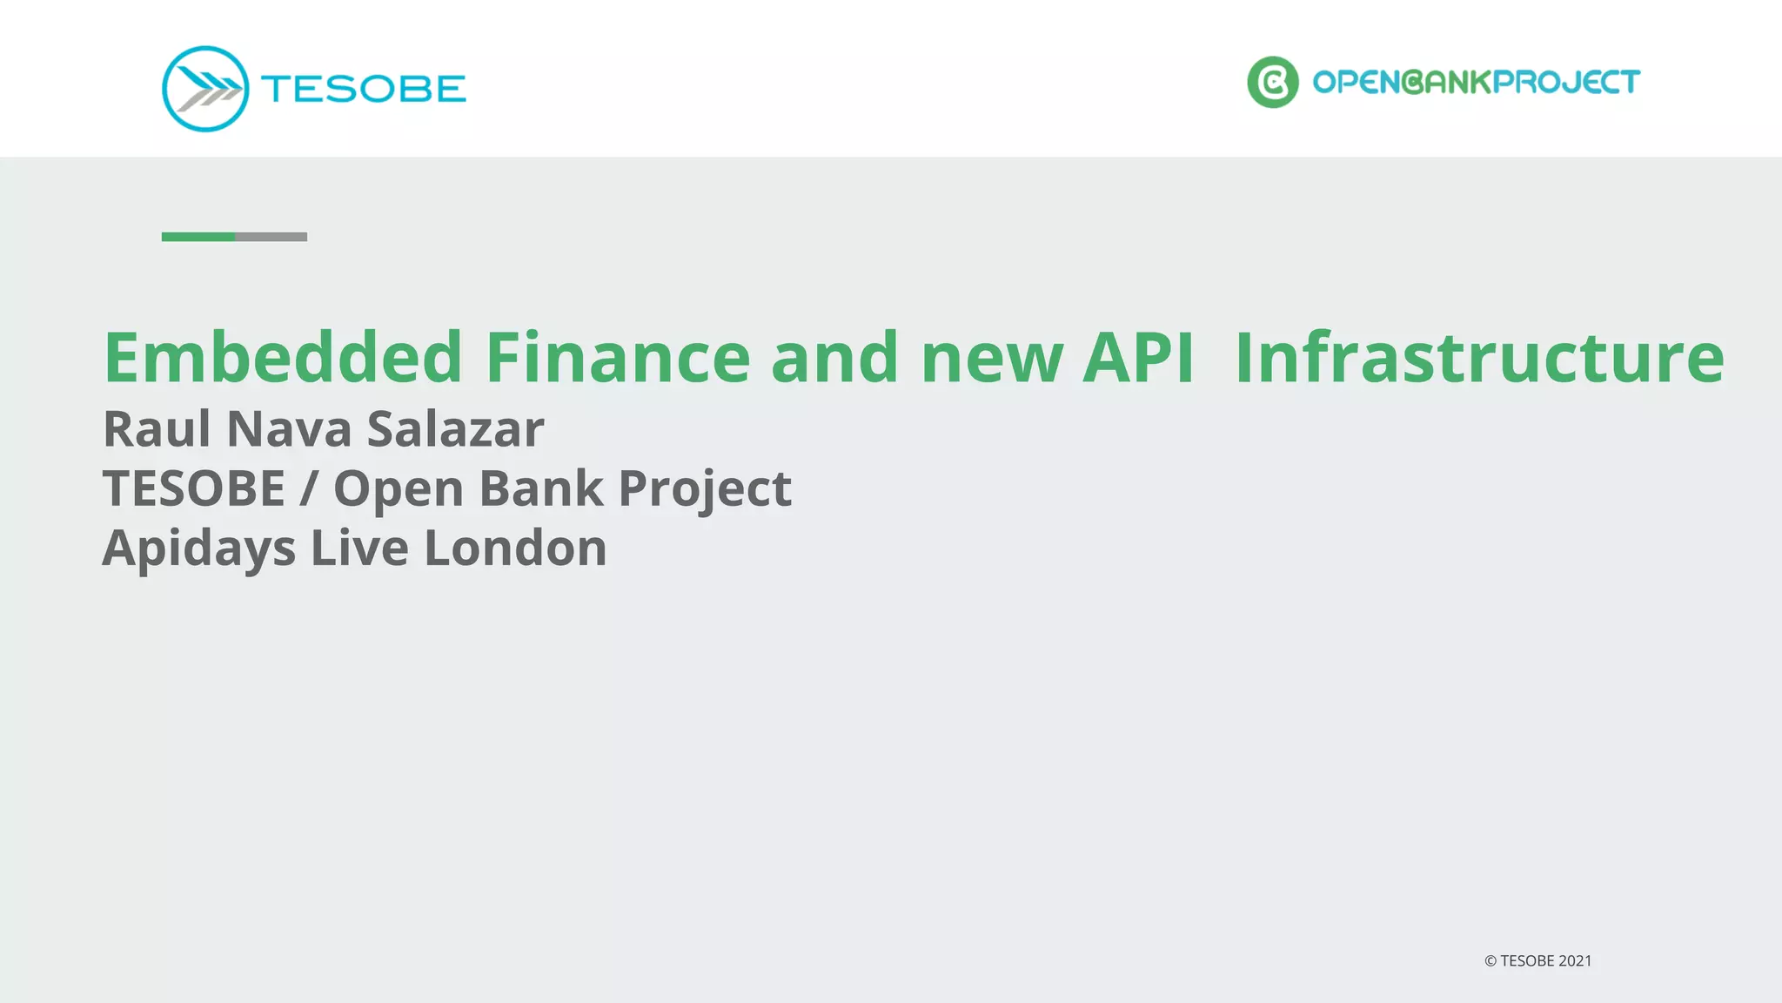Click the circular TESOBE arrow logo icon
click(205, 89)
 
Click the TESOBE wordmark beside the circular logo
click(363, 89)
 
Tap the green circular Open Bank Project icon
click(1272, 82)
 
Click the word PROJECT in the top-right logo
click(1566, 82)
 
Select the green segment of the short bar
click(198, 237)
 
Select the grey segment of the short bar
click(271, 237)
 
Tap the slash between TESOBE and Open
click(308, 488)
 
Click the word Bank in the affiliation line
click(540, 488)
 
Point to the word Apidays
click(198, 549)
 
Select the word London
click(515, 549)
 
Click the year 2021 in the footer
click(1575, 961)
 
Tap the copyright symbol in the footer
click(1490, 961)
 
